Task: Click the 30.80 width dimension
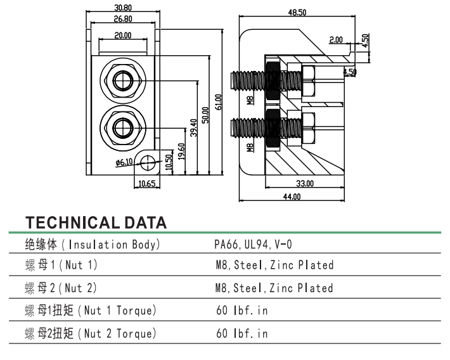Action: (x=123, y=8)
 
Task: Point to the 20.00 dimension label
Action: (x=123, y=35)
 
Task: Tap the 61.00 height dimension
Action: (x=218, y=102)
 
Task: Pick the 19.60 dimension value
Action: (x=181, y=151)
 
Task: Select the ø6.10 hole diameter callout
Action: (x=124, y=162)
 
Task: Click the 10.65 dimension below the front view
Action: (x=146, y=184)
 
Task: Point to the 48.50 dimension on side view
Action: (x=297, y=13)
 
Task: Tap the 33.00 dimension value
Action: (x=305, y=183)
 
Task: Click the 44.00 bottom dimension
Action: (x=292, y=197)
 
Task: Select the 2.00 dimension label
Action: (x=336, y=39)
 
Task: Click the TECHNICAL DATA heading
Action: (x=96, y=222)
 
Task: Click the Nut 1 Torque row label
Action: (x=91, y=311)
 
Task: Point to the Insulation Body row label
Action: (x=92, y=244)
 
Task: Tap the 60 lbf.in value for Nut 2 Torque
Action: (x=241, y=333)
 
